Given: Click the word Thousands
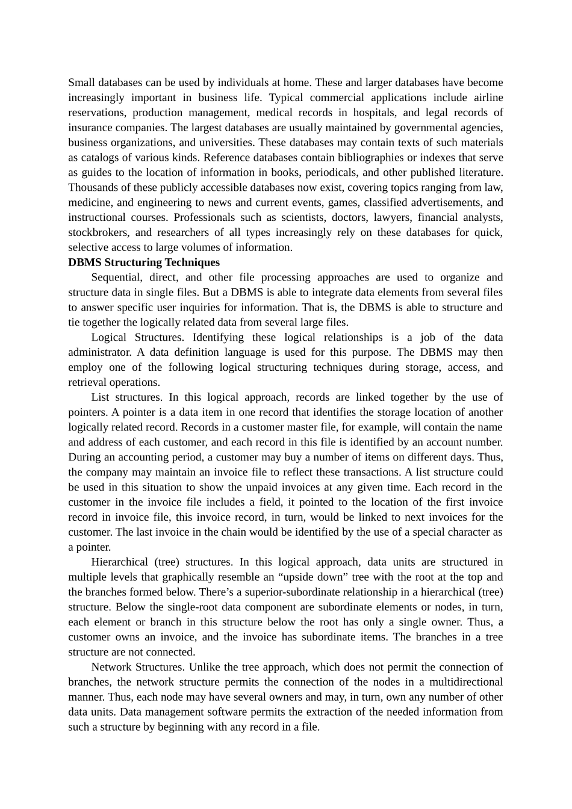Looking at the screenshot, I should pos(93,188).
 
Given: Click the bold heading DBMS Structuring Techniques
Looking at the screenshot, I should pos(144,262).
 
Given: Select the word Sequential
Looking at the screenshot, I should pos(117,277).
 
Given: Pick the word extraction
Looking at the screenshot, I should pos(340,712).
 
